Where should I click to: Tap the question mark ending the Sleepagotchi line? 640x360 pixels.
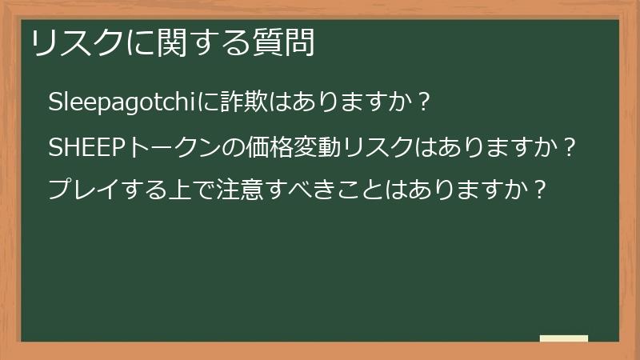(425, 103)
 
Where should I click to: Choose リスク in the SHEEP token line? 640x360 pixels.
(376, 148)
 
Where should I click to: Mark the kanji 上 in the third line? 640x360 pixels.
(178, 190)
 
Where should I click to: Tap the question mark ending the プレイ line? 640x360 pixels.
(541, 190)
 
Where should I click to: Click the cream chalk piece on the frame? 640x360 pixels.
(564, 338)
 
